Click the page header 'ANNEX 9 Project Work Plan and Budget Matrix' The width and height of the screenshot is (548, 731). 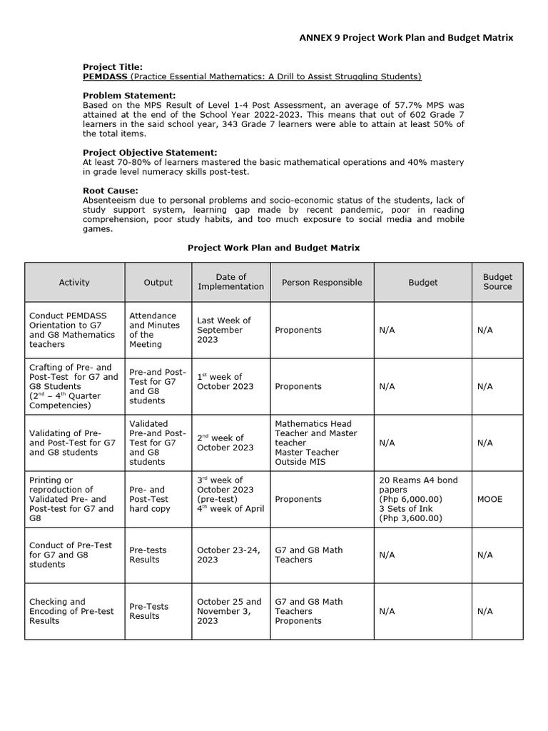[x=405, y=38]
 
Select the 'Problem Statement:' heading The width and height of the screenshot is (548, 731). [x=128, y=95]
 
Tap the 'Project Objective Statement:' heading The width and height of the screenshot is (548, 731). [x=150, y=152]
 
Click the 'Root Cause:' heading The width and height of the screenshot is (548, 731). [x=111, y=191]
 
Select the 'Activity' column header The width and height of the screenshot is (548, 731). [x=74, y=282]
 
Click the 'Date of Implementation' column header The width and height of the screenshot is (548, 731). [x=230, y=282]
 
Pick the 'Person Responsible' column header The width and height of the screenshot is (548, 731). [x=322, y=282]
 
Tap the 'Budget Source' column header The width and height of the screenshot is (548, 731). [x=497, y=282]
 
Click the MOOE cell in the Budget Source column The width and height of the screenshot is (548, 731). [x=489, y=499]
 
